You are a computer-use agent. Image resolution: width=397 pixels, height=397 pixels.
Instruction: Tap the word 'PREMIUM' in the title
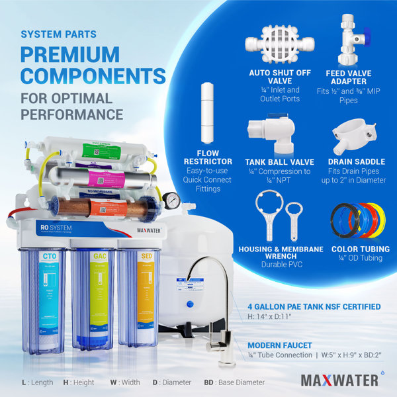[x=70, y=55]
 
